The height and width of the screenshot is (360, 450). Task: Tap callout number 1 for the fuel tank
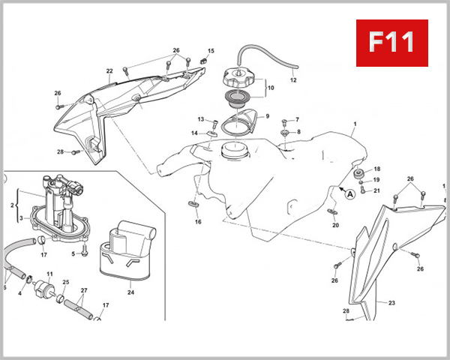[355, 123]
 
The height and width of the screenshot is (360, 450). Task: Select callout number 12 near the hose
[293, 79]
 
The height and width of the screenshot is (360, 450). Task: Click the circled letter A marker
[349, 193]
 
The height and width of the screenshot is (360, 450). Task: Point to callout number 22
[109, 72]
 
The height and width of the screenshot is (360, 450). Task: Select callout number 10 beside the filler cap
[271, 88]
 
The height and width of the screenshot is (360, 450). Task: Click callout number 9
[267, 116]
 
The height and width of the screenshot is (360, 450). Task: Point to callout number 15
[211, 51]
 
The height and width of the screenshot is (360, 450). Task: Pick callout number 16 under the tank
[198, 222]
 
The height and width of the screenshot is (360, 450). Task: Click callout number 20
[335, 225]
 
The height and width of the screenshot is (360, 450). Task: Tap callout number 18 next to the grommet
[377, 169]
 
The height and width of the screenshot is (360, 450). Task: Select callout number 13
[201, 119]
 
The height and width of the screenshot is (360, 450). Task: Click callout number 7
[297, 120]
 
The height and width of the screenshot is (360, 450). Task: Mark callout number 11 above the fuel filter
[49, 274]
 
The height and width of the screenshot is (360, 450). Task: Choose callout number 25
[66, 283]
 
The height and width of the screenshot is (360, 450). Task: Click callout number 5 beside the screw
[73, 253]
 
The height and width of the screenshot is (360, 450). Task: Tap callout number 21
[377, 190]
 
